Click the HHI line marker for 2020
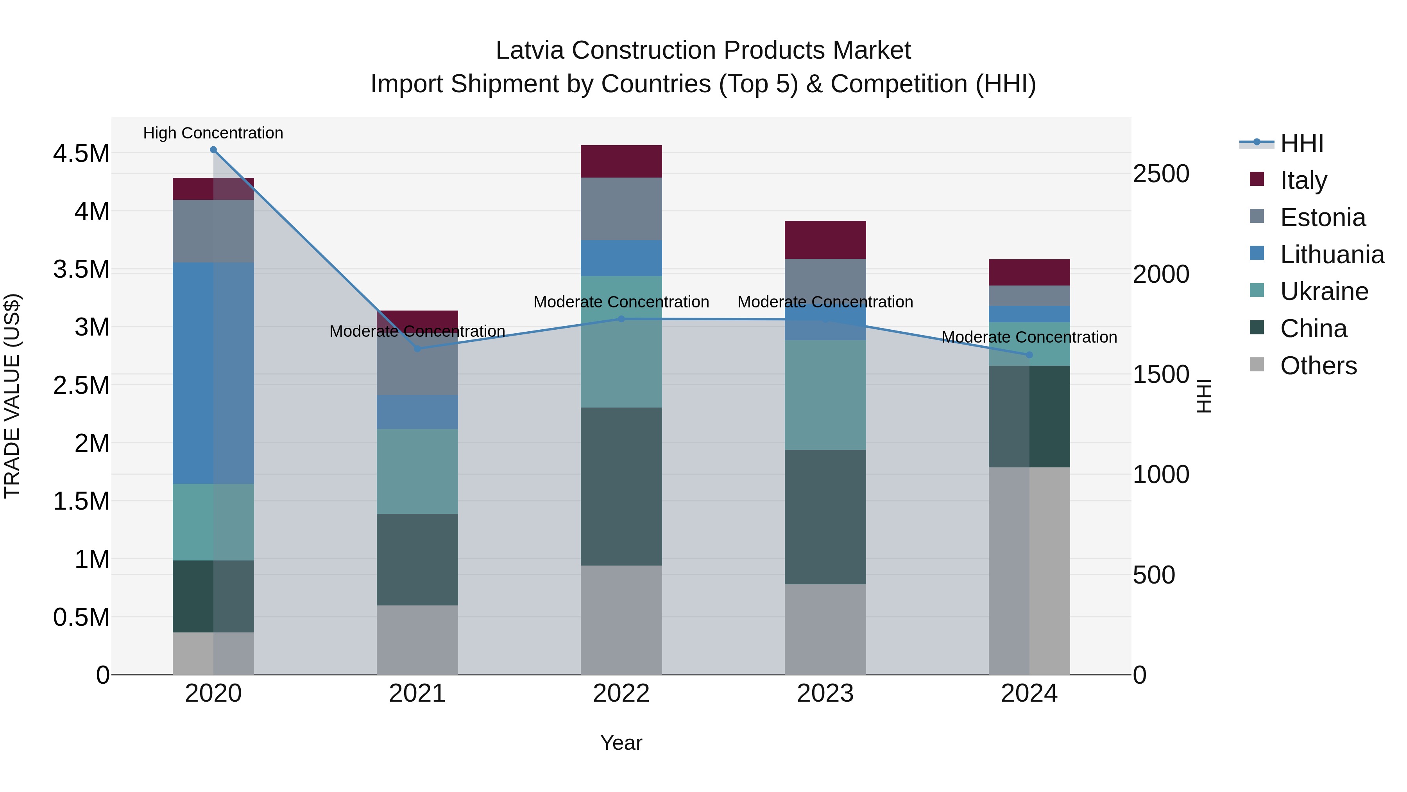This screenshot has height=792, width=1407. pos(213,150)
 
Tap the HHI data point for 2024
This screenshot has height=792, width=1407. pos(1029,355)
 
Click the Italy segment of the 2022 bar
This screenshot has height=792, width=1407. pos(621,161)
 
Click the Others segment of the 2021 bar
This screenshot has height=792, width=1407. pos(417,639)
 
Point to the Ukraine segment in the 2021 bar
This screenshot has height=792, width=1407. pos(417,471)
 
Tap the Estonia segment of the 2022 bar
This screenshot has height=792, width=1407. pos(621,209)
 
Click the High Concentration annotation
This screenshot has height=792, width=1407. pos(213,133)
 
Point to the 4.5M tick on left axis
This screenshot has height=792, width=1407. pos(81,154)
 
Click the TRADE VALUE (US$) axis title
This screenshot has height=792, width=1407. pos(13,396)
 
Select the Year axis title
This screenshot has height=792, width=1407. pos(621,743)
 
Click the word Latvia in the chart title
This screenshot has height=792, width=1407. pos(529,50)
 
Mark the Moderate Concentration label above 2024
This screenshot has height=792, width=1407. pos(1029,337)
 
